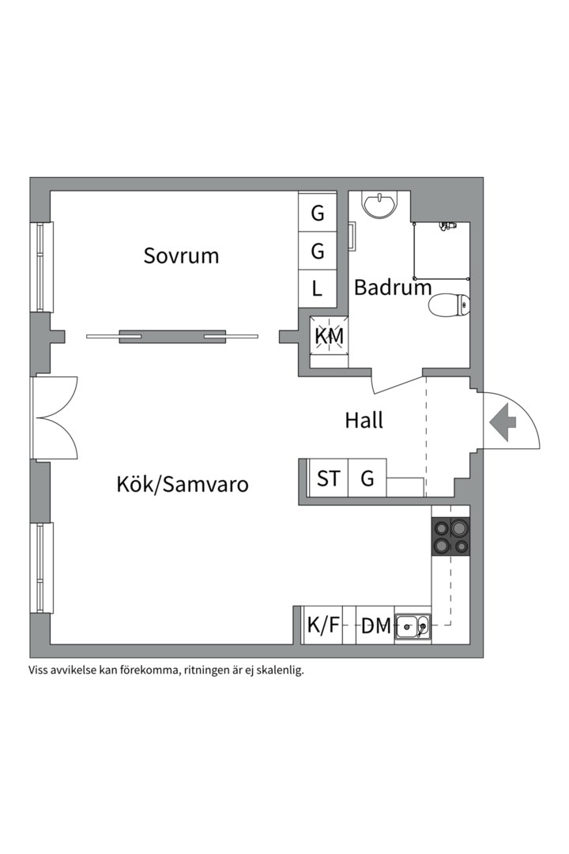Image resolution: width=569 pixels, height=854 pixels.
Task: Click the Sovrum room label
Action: click(x=181, y=256)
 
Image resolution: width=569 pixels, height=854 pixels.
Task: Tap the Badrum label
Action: click(x=393, y=287)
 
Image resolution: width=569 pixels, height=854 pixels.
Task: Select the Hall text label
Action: click(x=364, y=420)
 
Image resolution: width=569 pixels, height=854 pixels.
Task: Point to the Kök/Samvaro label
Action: click(x=183, y=483)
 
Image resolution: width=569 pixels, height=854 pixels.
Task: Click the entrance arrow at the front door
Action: click(x=502, y=423)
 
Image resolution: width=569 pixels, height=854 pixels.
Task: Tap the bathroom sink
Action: click(x=380, y=203)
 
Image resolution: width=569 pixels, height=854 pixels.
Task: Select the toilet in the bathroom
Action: click(x=450, y=304)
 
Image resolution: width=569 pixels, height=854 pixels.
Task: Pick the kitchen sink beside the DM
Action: click(x=413, y=626)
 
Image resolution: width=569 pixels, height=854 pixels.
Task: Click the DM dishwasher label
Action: click(x=376, y=626)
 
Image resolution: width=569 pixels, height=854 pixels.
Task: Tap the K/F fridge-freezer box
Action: click(x=323, y=625)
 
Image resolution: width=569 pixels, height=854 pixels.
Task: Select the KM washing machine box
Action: click(x=330, y=336)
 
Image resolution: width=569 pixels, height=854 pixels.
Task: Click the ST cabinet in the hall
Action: click(x=329, y=478)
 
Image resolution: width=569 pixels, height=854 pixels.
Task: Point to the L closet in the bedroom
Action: click(x=318, y=289)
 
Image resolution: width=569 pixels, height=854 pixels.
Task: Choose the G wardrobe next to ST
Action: click(x=367, y=478)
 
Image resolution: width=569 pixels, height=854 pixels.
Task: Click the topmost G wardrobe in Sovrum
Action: click(x=318, y=213)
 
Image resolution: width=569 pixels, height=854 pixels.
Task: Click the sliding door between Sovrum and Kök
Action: click(x=172, y=336)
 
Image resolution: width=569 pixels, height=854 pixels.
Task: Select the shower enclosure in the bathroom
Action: click(x=442, y=252)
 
